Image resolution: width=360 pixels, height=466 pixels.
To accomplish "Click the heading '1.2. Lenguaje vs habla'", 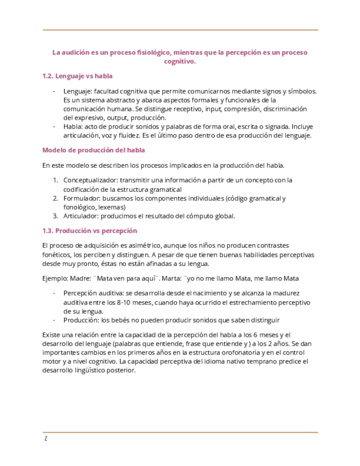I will (77, 76).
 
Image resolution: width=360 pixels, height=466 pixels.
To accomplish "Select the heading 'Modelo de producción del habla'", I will (93, 150).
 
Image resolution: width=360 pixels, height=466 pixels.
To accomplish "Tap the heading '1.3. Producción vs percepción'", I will (90, 231).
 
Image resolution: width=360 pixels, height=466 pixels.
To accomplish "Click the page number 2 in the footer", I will (46, 439).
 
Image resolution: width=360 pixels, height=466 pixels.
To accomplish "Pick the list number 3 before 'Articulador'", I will (56, 216).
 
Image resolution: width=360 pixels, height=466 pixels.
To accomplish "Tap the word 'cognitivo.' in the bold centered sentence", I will (180, 62).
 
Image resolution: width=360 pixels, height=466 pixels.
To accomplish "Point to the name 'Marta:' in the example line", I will (175, 278).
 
